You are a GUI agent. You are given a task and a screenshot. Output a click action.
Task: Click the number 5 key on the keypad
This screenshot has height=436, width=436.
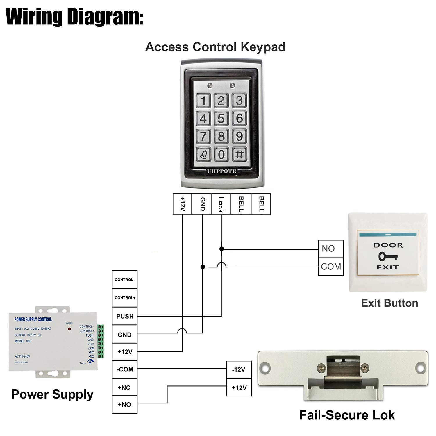tap(221, 118)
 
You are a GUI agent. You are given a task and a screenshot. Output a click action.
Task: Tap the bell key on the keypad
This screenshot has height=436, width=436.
tap(203, 154)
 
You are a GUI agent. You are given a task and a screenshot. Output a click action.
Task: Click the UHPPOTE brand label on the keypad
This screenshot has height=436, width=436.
tap(221, 171)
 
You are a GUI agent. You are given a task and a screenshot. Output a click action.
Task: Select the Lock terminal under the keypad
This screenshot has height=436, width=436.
tap(221, 204)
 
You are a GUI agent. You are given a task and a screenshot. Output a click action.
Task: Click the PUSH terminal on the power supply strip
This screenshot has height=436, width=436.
tap(125, 316)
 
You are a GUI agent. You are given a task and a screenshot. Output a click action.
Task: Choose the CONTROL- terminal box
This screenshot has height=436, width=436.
tap(125, 280)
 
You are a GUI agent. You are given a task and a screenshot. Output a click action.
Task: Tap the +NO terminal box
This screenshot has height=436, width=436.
tap(125, 405)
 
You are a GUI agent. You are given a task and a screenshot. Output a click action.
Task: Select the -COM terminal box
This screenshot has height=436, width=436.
tap(125, 369)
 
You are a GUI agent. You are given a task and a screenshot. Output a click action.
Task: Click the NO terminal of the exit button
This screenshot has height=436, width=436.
tap(331, 249)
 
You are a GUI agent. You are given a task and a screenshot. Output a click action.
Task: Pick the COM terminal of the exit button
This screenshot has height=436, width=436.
tap(331, 267)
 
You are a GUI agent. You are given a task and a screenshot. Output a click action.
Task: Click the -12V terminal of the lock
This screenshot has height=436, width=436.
tap(239, 370)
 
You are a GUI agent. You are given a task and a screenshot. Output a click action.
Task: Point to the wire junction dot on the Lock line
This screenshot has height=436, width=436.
tap(221, 249)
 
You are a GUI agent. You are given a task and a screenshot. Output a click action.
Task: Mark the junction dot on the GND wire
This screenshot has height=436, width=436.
tap(203, 267)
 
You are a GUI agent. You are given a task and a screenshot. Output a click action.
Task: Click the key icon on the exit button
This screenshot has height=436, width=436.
tap(388, 256)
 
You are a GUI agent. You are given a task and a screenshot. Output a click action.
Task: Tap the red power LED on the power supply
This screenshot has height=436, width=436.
tap(69, 329)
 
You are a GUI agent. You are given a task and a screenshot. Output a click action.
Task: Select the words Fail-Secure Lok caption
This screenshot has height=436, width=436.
tap(347, 415)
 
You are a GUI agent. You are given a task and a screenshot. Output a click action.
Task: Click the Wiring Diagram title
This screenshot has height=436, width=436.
tap(75, 17)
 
